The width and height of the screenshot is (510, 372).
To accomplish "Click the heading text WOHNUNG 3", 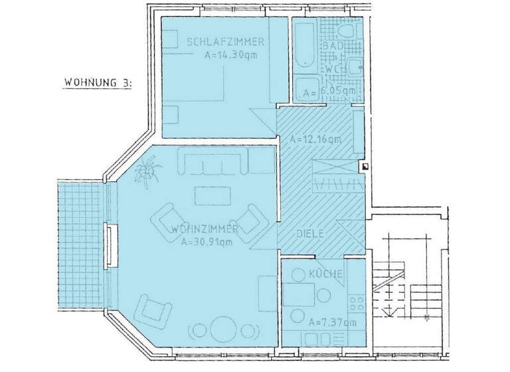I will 98,83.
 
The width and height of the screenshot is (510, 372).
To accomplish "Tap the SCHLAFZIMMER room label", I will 226,43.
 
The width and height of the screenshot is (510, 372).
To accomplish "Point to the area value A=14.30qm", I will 230,55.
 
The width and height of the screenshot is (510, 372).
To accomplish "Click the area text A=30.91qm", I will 207,242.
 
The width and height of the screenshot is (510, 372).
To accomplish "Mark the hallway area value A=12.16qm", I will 315,139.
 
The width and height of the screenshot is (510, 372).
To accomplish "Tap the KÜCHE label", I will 325,274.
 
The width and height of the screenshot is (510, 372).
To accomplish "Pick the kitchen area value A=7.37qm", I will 332,322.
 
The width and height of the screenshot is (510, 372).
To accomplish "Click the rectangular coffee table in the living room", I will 212,195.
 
